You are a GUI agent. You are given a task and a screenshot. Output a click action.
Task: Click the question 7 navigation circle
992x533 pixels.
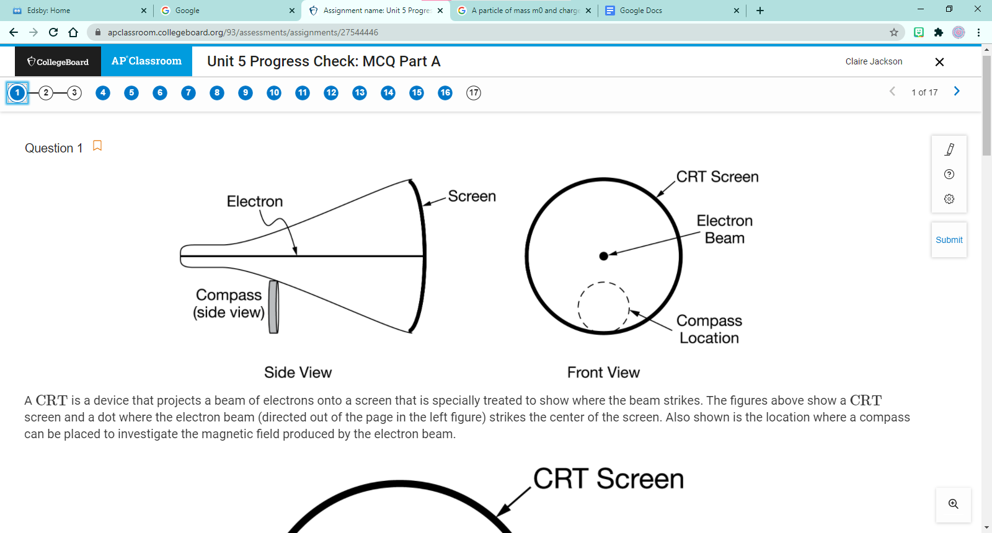(x=188, y=93)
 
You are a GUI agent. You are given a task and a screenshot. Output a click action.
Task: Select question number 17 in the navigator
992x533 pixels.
(x=474, y=93)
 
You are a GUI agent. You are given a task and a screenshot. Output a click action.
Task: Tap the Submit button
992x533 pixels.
(x=949, y=240)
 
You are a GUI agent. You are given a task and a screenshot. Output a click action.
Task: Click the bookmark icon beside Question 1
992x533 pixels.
(x=97, y=146)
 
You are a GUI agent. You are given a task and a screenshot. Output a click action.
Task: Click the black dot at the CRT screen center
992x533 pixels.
(x=604, y=256)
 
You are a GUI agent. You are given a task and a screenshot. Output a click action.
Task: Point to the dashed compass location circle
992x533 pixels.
(x=603, y=307)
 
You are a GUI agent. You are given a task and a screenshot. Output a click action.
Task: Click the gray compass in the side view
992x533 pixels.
(x=273, y=307)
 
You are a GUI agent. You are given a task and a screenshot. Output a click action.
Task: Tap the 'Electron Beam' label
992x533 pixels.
(x=724, y=229)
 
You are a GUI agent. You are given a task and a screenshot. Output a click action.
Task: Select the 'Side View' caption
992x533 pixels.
(x=298, y=372)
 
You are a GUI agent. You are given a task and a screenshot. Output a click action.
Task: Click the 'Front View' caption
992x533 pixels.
(x=603, y=372)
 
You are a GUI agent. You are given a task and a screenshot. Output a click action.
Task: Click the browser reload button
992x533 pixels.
(x=53, y=32)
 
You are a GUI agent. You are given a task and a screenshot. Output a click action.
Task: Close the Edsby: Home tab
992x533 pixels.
(x=144, y=11)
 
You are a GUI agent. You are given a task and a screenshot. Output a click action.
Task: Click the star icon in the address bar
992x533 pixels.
(x=893, y=32)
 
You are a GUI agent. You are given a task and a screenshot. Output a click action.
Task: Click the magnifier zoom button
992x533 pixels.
(x=953, y=504)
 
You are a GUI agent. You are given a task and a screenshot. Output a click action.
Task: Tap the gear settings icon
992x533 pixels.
(x=949, y=199)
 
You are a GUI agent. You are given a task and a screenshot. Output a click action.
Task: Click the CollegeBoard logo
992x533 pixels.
(x=58, y=61)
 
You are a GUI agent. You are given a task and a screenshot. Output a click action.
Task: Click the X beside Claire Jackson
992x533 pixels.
(x=939, y=62)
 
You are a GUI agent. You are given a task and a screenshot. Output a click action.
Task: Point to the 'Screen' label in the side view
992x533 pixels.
(x=472, y=196)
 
